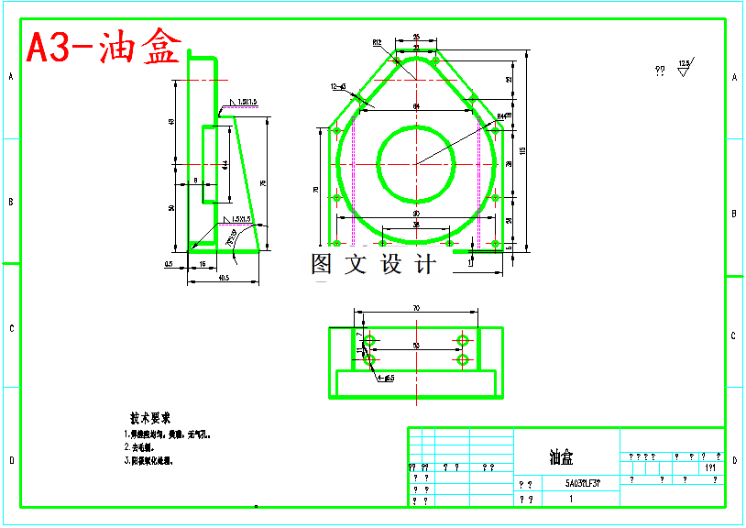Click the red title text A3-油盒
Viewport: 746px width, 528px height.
tap(103, 48)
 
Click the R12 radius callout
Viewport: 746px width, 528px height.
tap(377, 42)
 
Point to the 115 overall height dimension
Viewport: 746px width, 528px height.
tap(523, 151)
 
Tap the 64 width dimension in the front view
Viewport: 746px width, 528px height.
tap(415, 107)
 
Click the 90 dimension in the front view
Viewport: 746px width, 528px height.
tap(415, 214)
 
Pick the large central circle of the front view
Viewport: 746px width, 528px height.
tap(416, 164)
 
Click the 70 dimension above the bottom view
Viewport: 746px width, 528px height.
tap(415, 309)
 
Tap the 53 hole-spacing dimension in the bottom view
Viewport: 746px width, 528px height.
tap(415, 346)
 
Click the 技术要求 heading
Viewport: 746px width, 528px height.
tap(150, 417)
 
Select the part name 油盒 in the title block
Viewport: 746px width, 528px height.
tap(561, 456)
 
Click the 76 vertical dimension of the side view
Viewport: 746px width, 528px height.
tap(263, 184)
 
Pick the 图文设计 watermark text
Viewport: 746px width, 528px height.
tap(373, 265)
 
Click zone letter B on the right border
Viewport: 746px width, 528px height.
tap(734, 214)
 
